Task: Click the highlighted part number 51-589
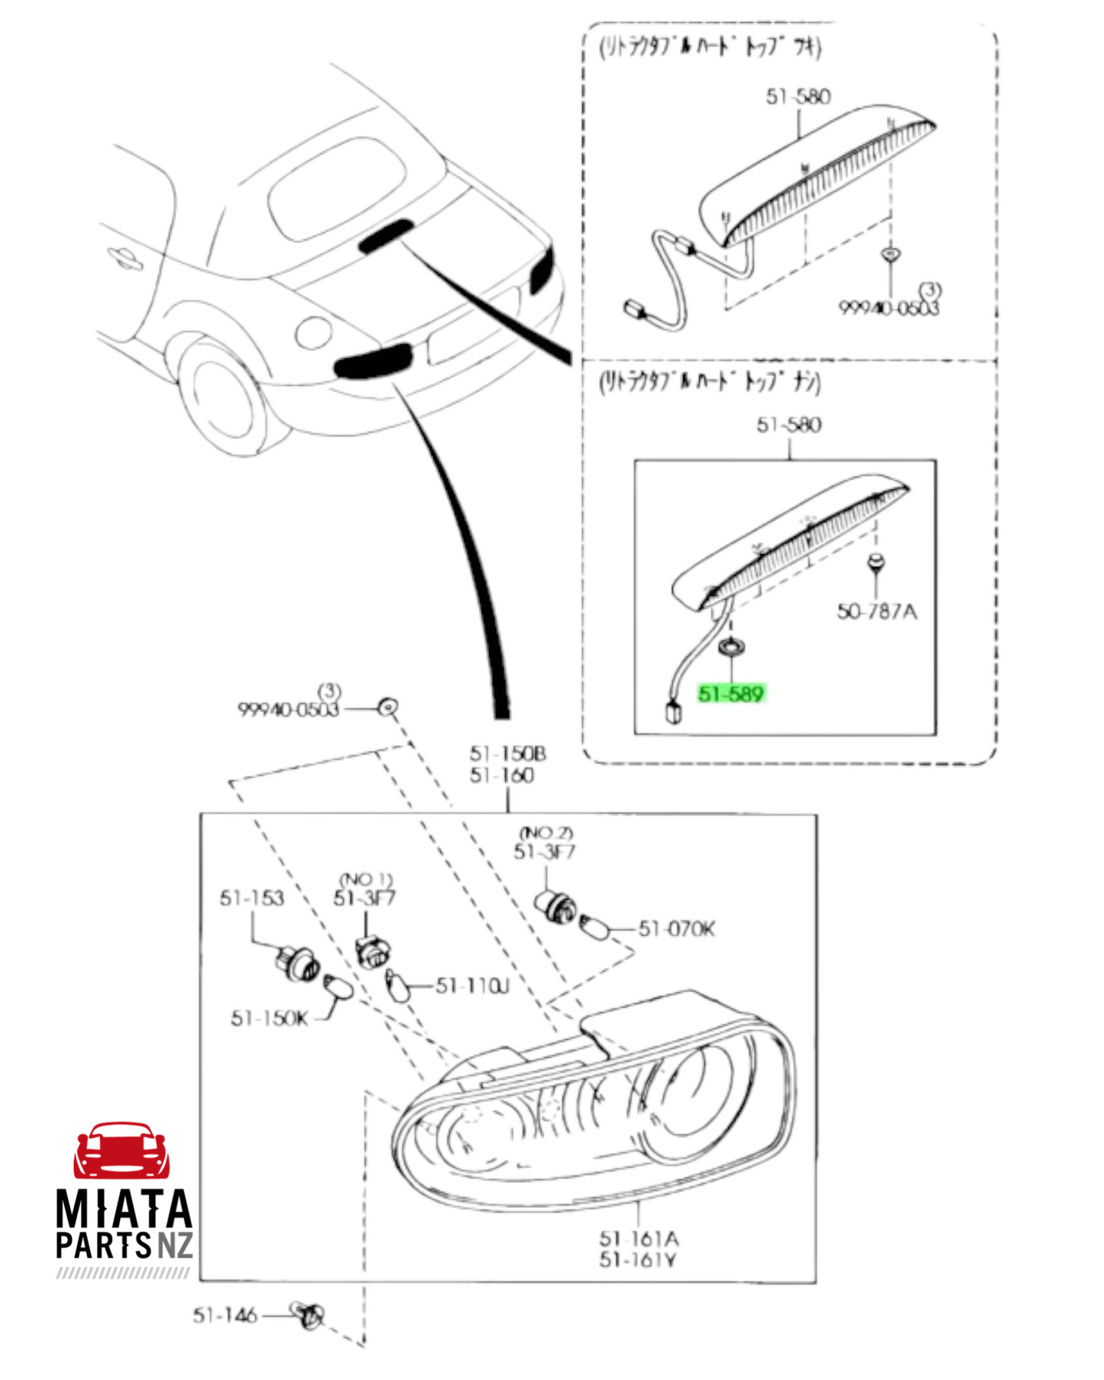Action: pos(730,694)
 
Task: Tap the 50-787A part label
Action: pos(876,611)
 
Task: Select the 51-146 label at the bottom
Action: pos(225,1315)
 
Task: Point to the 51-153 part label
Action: pos(251,898)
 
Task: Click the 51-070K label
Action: pos(677,928)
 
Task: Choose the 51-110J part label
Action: pos(472,986)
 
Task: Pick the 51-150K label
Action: pos(269,1019)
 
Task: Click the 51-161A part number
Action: pos(639,1238)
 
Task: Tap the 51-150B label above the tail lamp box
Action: pos(508,754)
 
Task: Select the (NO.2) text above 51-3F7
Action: pos(546,833)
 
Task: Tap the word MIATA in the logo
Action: pos(124,1209)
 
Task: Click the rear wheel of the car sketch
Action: pos(222,400)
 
